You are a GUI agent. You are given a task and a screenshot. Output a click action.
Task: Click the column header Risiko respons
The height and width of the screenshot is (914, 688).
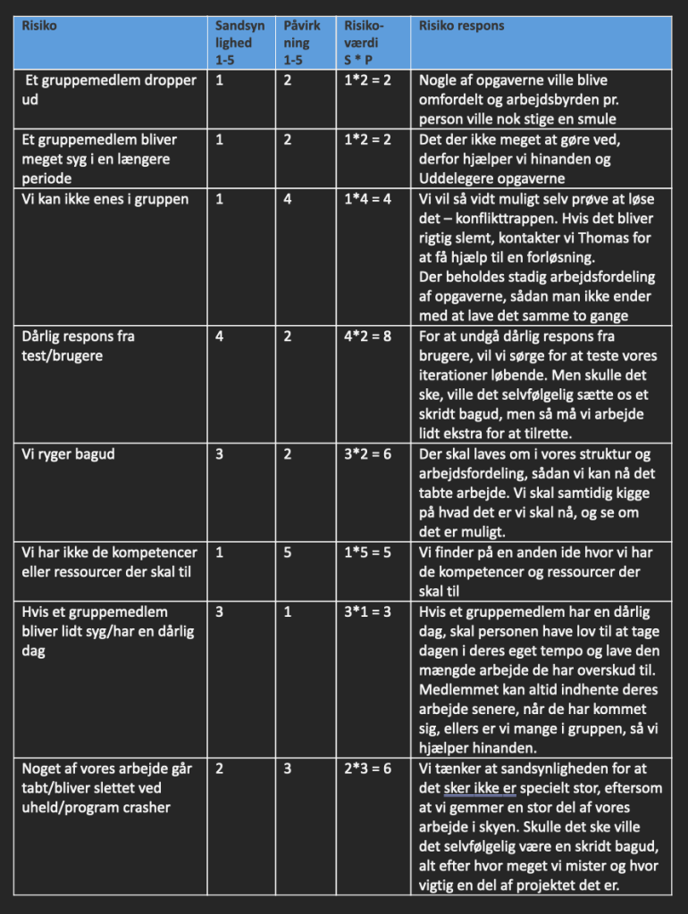click(x=462, y=26)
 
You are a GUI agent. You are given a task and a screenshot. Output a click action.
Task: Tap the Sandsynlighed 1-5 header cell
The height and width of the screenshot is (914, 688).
click(x=234, y=42)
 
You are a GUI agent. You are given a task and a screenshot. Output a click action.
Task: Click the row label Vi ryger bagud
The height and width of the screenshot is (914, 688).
click(x=68, y=454)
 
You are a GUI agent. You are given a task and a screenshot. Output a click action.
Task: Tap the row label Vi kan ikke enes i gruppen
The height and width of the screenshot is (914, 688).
click(x=105, y=199)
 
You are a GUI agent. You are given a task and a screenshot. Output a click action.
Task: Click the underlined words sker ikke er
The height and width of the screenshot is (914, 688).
click(x=480, y=788)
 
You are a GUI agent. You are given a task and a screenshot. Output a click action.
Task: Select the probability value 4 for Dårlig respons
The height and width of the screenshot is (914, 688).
click(x=219, y=337)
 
